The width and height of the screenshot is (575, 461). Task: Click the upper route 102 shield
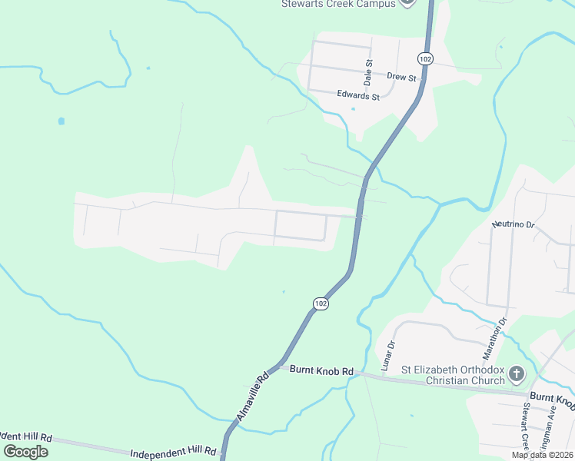425,58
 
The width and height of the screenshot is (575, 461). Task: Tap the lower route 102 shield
321,304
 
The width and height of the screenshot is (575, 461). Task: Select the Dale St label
368,72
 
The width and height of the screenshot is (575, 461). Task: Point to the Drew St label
401,78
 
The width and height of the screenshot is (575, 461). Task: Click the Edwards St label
358,96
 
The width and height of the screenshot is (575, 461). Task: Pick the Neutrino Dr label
513,224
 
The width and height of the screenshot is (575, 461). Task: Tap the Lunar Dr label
387,353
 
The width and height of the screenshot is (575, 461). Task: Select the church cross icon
517,375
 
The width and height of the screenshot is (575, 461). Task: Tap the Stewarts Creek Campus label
338,4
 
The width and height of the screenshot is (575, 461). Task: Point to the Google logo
26,451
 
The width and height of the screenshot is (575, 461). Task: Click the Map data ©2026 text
542,455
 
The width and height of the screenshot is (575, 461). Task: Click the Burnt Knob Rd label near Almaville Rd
321,370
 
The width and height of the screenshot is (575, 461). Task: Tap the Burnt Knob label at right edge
552,398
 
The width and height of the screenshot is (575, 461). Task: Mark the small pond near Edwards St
353,108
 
